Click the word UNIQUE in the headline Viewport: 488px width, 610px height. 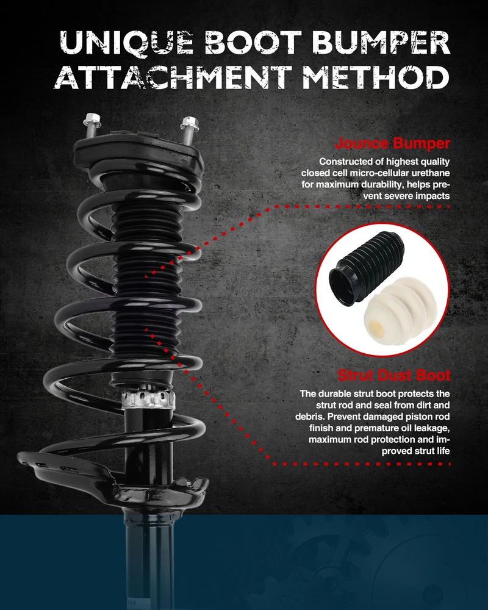(126, 42)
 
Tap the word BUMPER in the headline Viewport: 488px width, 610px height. (381, 42)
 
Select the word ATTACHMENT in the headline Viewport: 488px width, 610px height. (173, 77)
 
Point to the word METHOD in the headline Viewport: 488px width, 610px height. (376, 77)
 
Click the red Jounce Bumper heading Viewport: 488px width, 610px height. (392, 143)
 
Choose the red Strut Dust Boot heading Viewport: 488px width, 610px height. (394, 375)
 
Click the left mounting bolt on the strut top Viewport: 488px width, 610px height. (92, 125)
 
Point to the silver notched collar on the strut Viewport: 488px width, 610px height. (148, 399)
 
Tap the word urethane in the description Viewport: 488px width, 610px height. (430, 173)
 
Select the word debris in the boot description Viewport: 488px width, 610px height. (309, 417)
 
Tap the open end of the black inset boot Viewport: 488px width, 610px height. (343, 285)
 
